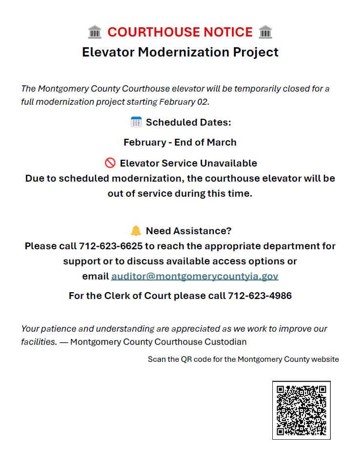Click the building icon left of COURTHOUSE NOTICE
(95, 32)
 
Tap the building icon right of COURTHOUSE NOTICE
(265, 32)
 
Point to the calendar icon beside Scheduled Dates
(136, 122)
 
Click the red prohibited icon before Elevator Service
(110, 163)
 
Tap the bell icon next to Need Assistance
(136, 230)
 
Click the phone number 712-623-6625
(111, 246)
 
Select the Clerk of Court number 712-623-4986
(260, 296)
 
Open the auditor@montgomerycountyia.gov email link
(195, 276)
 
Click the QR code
(301, 410)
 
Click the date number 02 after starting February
(203, 102)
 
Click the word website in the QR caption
(325, 359)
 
